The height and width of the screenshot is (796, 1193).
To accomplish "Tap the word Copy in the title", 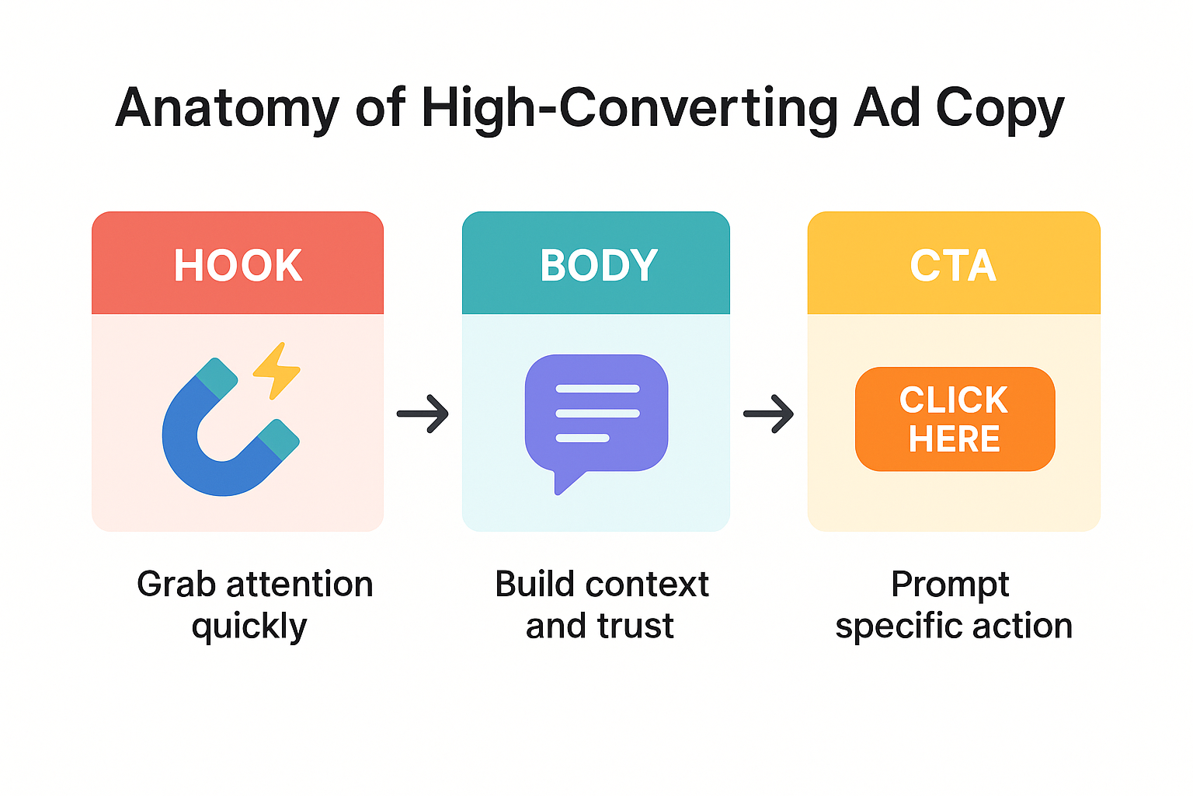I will click(1000, 108).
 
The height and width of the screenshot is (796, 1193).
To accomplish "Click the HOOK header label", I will click(238, 265).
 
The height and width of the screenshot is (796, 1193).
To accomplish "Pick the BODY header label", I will click(598, 265).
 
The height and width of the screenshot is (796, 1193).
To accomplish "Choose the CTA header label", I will click(953, 265).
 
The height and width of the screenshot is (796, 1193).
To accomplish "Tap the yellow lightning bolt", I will click(277, 371).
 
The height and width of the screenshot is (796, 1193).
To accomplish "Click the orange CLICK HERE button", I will click(955, 419).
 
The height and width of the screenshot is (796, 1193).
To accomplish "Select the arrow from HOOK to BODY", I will click(423, 414).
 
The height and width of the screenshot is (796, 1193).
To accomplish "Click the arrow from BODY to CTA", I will click(768, 414).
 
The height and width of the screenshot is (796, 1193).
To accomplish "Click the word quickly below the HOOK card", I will click(249, 627).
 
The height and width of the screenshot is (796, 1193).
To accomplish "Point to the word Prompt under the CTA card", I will click(950, 585).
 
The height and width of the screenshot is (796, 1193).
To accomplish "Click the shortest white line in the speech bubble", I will click(583, 438).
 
